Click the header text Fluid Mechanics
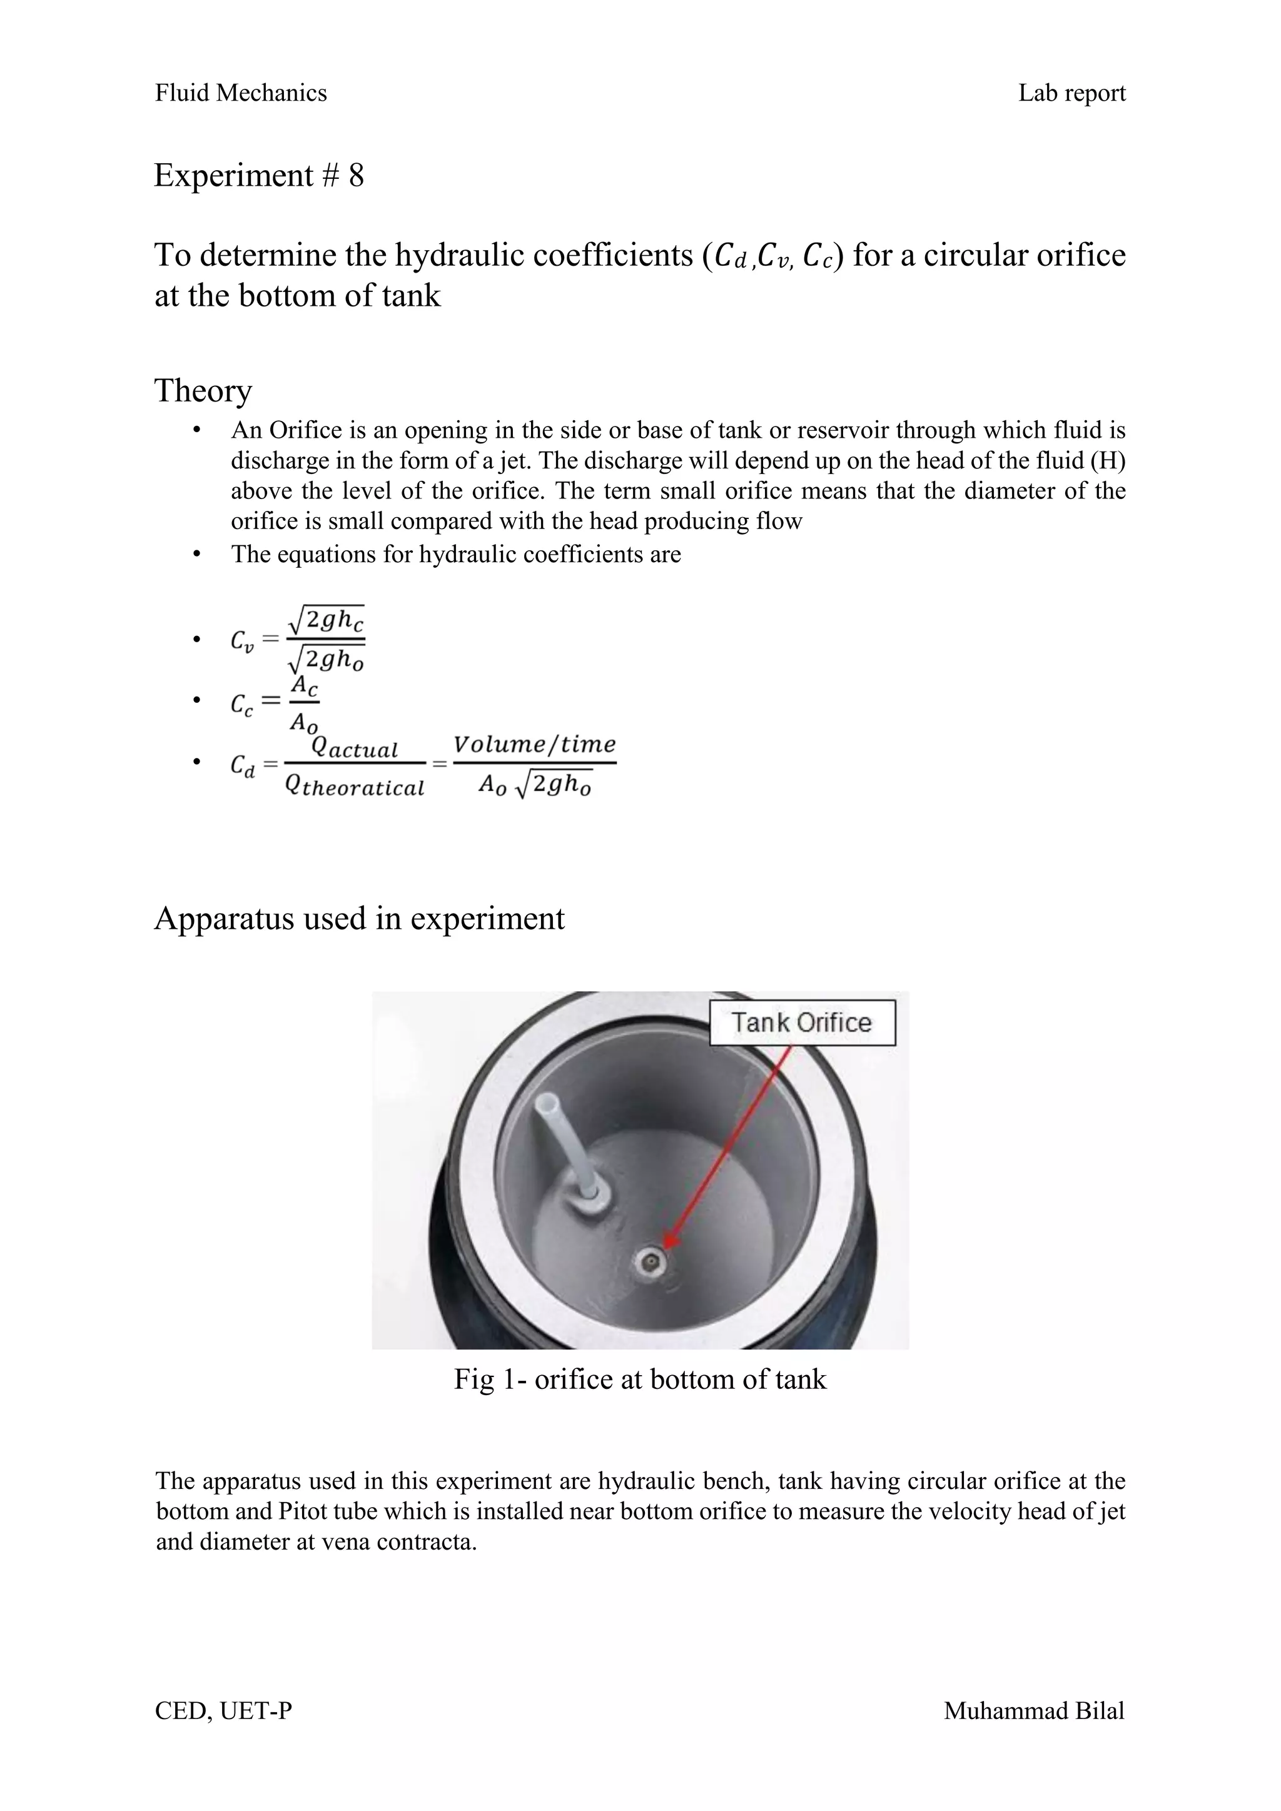(x=241, y=93)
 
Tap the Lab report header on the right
(x=1071, y=93)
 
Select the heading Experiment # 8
(x=259, y=175)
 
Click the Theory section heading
(x=203, y=390)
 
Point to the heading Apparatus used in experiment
(x=359, y=918)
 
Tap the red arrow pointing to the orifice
(x=731, y=1144)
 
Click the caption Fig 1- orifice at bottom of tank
(x=640, y=1379)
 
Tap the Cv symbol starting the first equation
(x=242, y=640)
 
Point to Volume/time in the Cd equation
(x=534, y=744)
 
